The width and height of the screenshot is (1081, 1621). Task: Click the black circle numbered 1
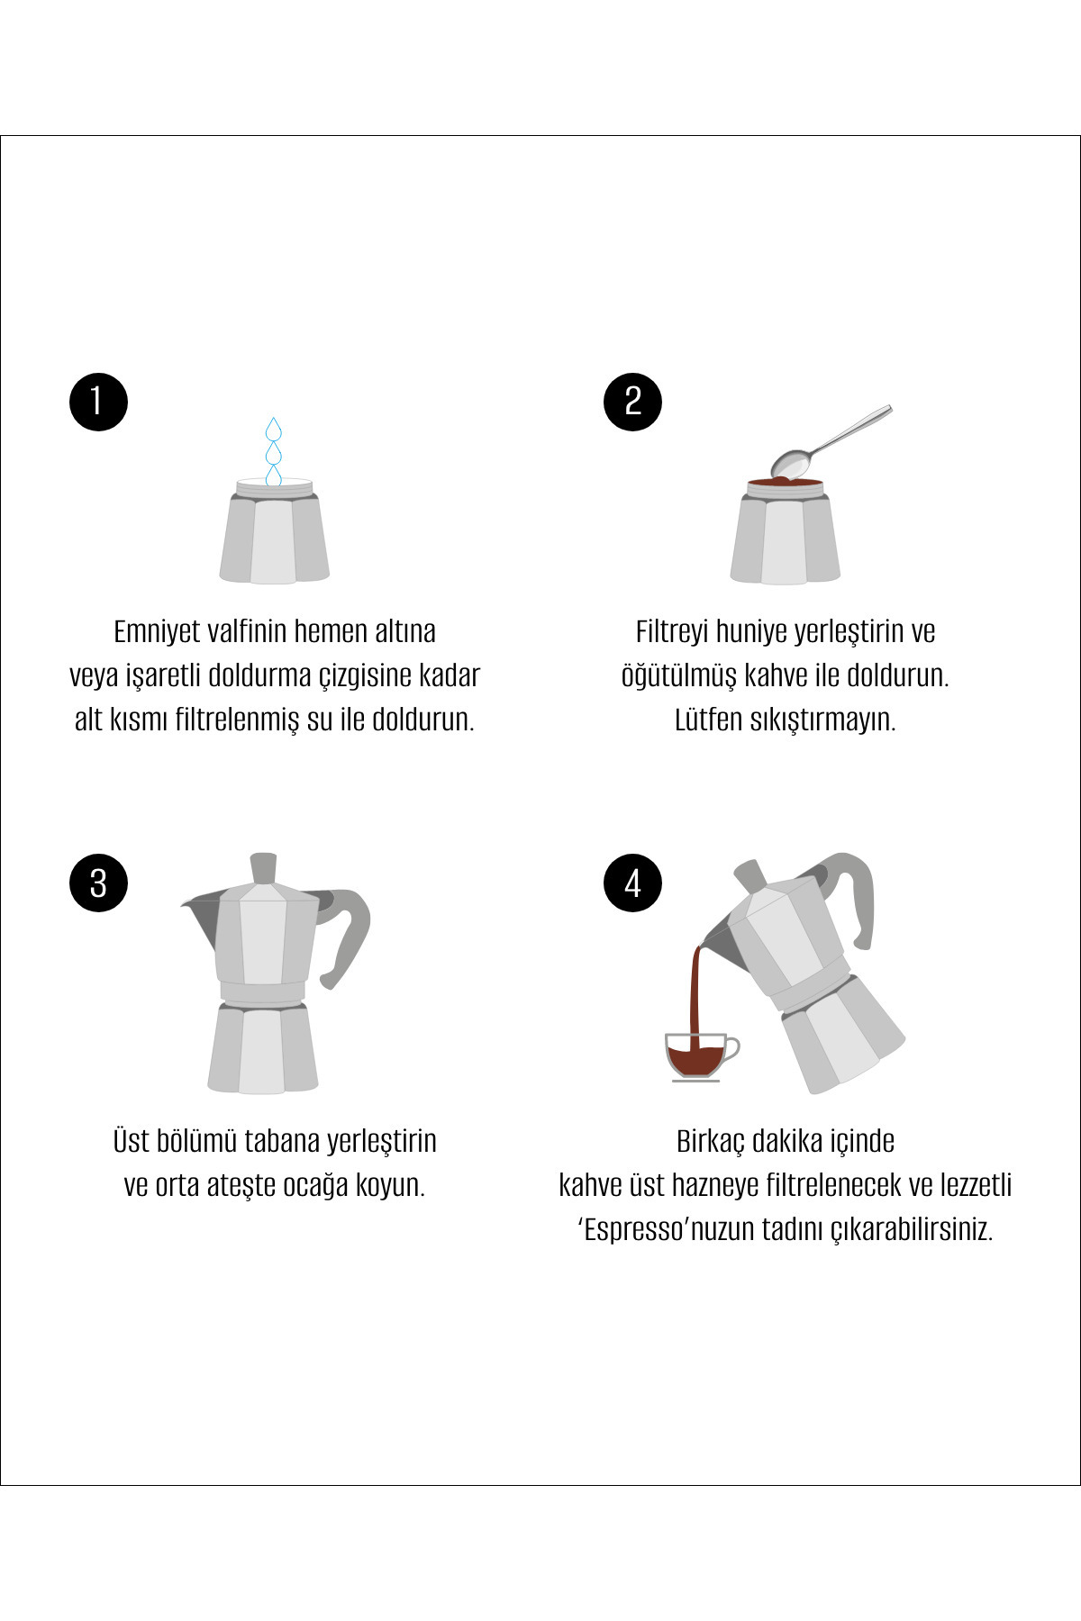[x=98, y=402]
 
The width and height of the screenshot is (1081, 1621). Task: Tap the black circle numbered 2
[x=632, y=402]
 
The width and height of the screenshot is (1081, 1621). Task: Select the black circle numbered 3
[x=98, y=883]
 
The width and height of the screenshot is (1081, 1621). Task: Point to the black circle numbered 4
[x=632, y=883]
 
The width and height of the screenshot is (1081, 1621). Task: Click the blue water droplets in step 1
[x=274, y=452]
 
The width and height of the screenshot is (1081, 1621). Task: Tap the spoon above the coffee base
[x=831, y=442]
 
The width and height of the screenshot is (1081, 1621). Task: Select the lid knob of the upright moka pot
[x=263, y=868]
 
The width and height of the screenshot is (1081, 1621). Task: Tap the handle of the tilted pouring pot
[x=851, y=896]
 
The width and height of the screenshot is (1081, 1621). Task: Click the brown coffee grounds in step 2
[x=785, y=483]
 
